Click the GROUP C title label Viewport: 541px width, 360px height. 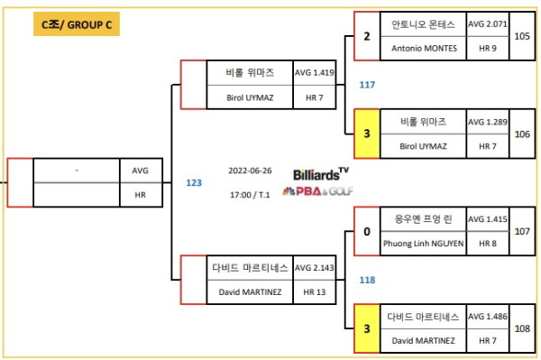77,25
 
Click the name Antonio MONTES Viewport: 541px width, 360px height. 424,48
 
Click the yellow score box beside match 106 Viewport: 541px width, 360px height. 367,133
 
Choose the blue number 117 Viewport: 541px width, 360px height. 367,85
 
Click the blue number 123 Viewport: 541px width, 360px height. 194,182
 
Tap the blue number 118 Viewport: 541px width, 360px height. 367,280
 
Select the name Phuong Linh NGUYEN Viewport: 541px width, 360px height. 424,243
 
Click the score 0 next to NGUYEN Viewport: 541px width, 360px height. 367,231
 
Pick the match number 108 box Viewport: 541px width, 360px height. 522,328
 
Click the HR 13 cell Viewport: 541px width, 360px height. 315,292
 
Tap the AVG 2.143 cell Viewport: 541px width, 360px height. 315,269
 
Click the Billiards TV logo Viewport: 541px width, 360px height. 320,173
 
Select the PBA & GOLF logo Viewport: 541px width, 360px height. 318,191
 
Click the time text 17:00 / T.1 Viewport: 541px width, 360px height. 249,193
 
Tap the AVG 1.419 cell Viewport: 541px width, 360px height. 315,72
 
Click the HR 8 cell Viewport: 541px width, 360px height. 488,243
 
